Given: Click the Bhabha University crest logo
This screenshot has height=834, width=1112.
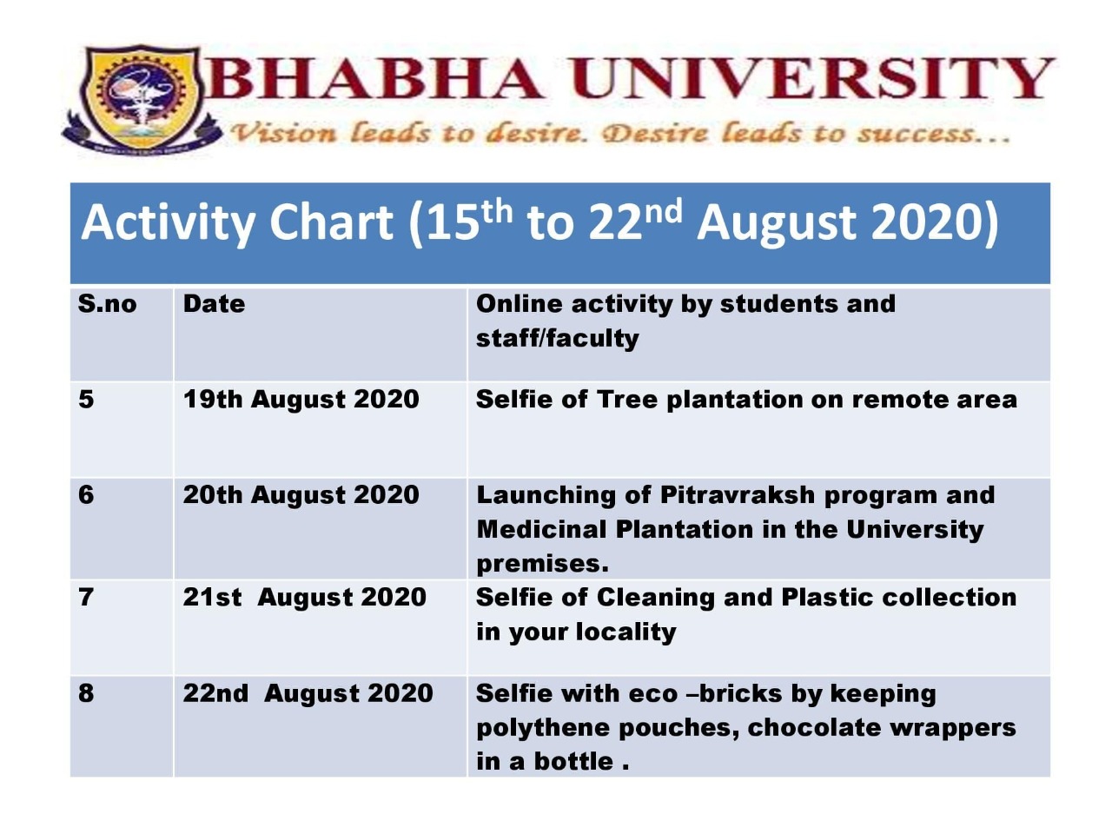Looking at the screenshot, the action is coord(141,99).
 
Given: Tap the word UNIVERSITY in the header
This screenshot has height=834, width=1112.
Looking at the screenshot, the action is coord(812,79).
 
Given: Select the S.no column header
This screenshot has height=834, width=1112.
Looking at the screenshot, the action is coord(108,304).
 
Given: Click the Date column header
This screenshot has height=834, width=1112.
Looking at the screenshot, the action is coord(214,304).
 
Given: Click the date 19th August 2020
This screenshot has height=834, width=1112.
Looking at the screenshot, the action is coord(301,399).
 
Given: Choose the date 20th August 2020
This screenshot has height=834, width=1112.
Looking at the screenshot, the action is coord(301,494).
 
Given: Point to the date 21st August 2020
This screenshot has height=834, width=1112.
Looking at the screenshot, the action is coord(304,597).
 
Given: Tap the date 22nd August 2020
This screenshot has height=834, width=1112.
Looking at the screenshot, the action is coord(308,692).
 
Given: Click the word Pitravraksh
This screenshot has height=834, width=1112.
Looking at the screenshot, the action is coord(737,494).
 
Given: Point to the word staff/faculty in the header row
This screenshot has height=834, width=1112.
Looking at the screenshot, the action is coord(557,338).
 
